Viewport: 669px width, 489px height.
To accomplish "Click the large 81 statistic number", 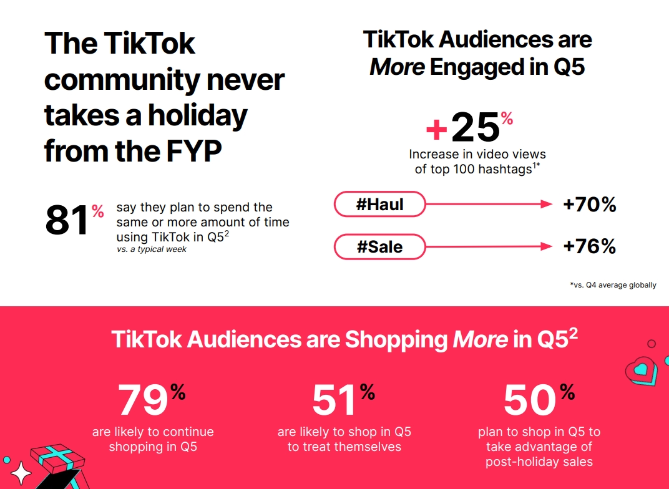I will coord(68,220).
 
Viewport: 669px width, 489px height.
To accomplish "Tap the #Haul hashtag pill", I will coord(380,204).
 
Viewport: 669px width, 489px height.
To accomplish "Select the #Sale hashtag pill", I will coord(380,247).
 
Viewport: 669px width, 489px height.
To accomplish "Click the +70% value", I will coord(589,205).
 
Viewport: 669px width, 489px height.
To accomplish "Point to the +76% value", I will coord(589,246).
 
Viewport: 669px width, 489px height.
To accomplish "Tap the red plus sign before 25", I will coord(437,130).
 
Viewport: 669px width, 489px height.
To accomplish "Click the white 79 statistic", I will coord(143,400).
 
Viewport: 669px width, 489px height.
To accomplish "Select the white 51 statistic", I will coord(335,400).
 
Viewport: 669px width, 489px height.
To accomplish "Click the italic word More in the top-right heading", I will coord(398,67).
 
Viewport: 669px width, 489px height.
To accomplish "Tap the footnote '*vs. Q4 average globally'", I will coord(613,285).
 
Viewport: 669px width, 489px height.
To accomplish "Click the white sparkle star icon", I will coord(21,473).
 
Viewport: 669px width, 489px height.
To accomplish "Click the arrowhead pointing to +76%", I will coord(547,247).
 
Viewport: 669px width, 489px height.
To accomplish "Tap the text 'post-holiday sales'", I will coord(539,462).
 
